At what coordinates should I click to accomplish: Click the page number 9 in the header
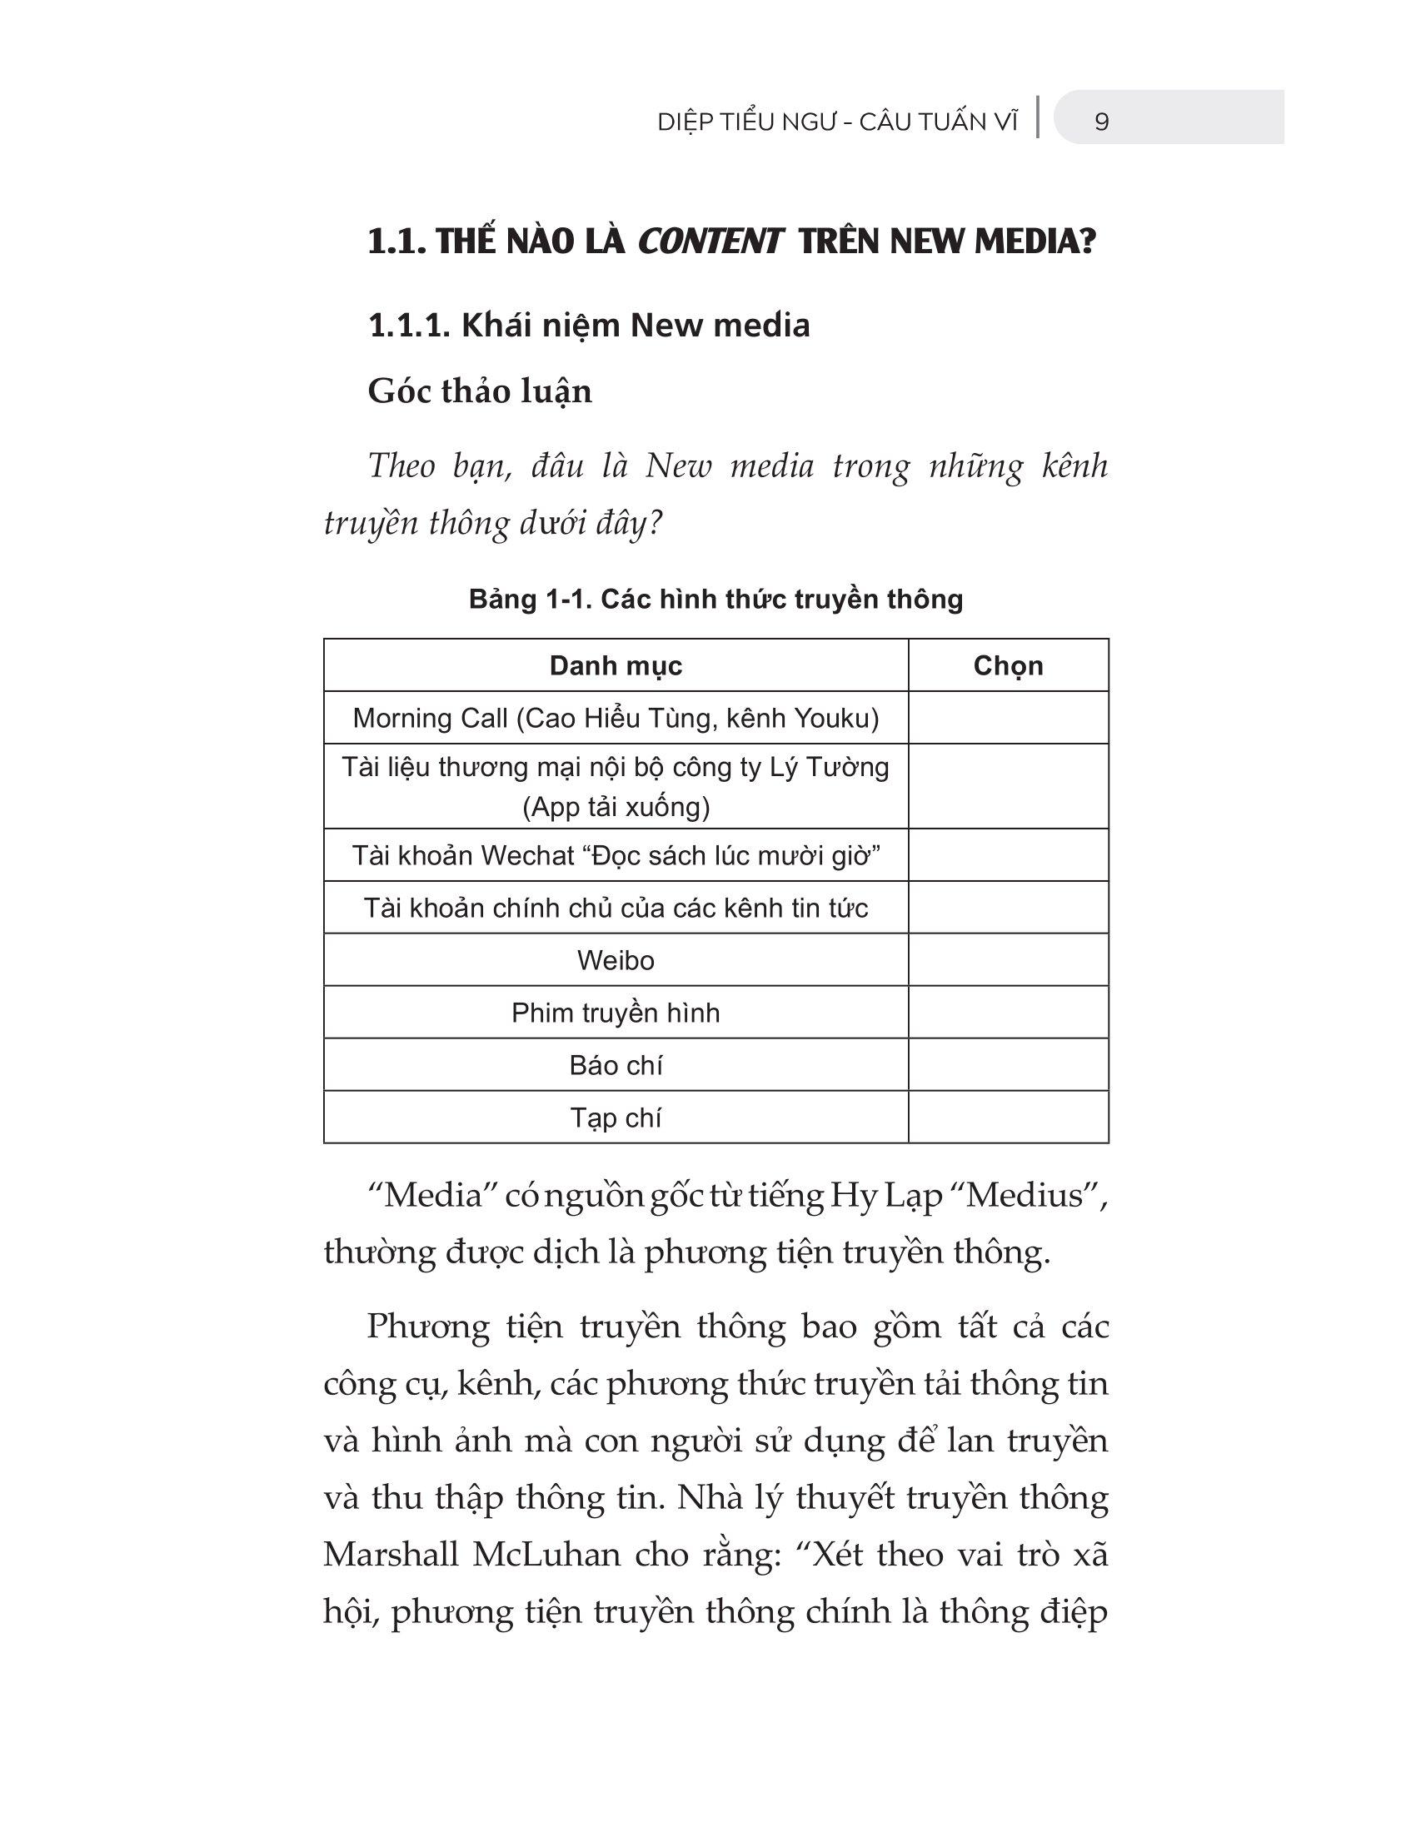(x=1101, y=122)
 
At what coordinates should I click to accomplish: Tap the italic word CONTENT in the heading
(x=709, y=242)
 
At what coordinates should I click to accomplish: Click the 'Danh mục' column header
(x=615, y=666)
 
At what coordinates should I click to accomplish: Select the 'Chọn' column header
(x=1008, y=666)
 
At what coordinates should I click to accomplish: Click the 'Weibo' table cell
(x=615, y=960)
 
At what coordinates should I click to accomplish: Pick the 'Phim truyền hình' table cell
(x=615, y=1013)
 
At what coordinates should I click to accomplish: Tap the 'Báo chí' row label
(x=615, y=1065)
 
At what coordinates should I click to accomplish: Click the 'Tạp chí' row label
(x=615, y=1118)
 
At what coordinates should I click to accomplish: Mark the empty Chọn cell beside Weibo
(x=1008, y=960)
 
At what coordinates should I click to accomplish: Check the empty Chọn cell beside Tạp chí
(x=1008, y=1118)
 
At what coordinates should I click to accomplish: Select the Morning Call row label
(x=615, y=719)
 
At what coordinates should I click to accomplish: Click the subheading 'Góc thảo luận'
(x=480, y=391)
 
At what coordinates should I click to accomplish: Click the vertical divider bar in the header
(x=1039, y=117)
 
